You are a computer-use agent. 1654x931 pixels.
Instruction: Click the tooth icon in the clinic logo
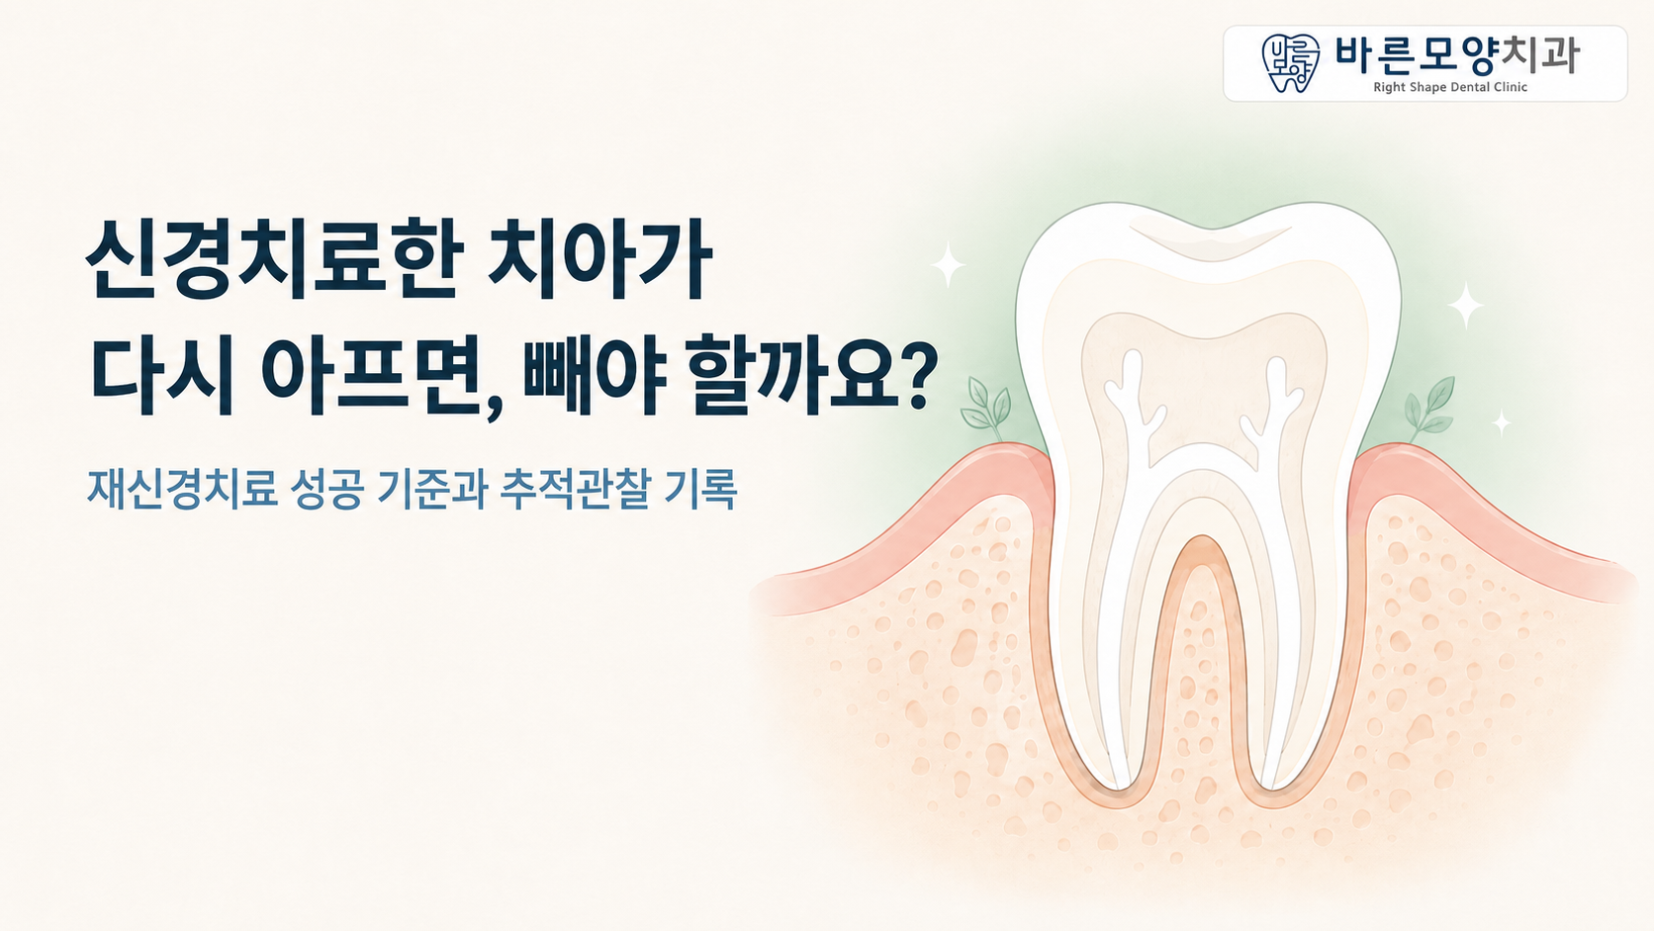(x=1290, y=62)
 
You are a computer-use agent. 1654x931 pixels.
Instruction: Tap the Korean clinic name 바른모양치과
(x=1456, y=54)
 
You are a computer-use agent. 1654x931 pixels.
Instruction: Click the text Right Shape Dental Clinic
(x=1450, y=87)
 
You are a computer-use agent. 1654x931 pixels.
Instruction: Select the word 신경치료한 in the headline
(x=275, y=258)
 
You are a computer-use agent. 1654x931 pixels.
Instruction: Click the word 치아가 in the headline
(x=599, y=258)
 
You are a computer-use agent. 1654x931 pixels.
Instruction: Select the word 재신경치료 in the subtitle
(x=182, y=488)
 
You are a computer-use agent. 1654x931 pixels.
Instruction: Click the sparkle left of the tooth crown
(x=948, y=263)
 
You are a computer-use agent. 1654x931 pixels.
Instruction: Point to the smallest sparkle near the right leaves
(x=1501, y=423)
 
